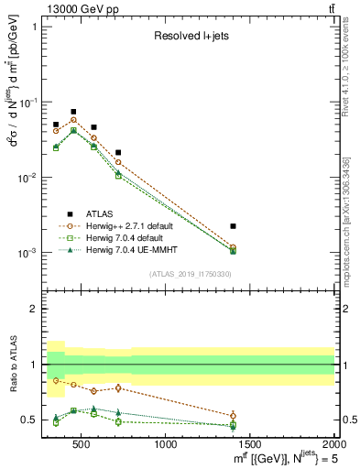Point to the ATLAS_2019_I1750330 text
coord(191,274)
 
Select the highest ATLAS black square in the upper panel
coord(73,112)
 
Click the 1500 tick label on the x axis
coord(251,445)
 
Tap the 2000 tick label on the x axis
coord(333,445)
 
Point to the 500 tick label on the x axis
coord(82,445)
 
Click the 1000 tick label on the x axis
coord(167,445)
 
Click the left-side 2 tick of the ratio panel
coord(34,309)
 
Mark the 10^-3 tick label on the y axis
coord(26,252)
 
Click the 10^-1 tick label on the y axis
coord(26,102)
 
